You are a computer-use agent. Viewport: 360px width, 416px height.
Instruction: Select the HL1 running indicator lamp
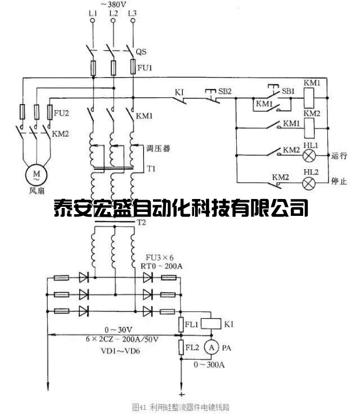pyautogui.click(x=309, y=156)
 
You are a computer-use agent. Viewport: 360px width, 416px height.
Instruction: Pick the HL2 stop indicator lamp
pyautogui.click(x=309, y=183)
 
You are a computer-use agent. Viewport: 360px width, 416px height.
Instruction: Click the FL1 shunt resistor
pyautogui.click(x=182, y=324)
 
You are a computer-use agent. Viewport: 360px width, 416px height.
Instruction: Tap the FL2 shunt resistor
pyautogui.click(x=182, y=347)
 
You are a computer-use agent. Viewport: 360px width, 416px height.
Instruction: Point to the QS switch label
pyautogui.click(x=141, y=52)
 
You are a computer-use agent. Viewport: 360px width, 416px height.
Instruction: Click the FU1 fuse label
pyautogui.click(x=145, y=68)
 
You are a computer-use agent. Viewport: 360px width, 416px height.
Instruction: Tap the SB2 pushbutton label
pyautogui.click(x=225, y=91)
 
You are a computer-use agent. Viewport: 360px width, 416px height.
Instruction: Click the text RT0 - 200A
pyautogui.click(x=165, y=266)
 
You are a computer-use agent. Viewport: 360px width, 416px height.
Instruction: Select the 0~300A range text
pyautogui.click(x=209, y=364)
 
